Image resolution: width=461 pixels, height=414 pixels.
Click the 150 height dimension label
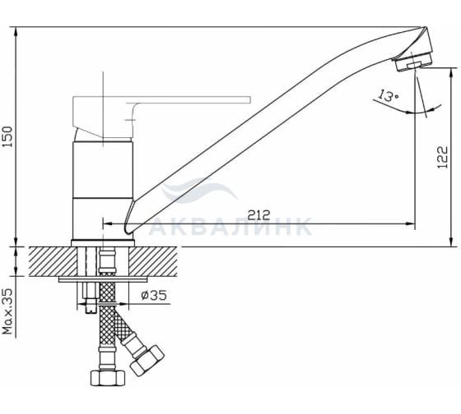(7, 136)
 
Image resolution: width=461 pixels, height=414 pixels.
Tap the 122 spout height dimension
(443, 157)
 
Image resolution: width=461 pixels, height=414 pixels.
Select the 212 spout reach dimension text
(258, 215)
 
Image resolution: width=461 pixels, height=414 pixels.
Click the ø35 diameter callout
(153, 295)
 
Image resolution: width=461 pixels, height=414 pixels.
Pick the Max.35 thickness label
(8, 311)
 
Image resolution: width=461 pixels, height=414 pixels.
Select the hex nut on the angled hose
(147, 360)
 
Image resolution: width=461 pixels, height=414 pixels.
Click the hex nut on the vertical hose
(108, 378)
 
